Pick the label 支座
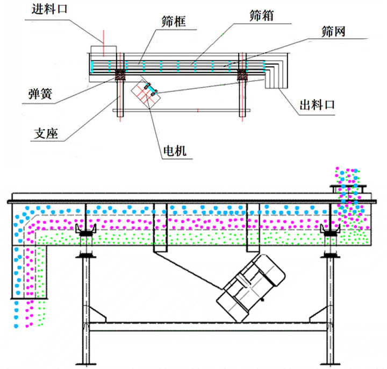pos(46,132)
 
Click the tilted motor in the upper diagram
pos(147,93)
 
